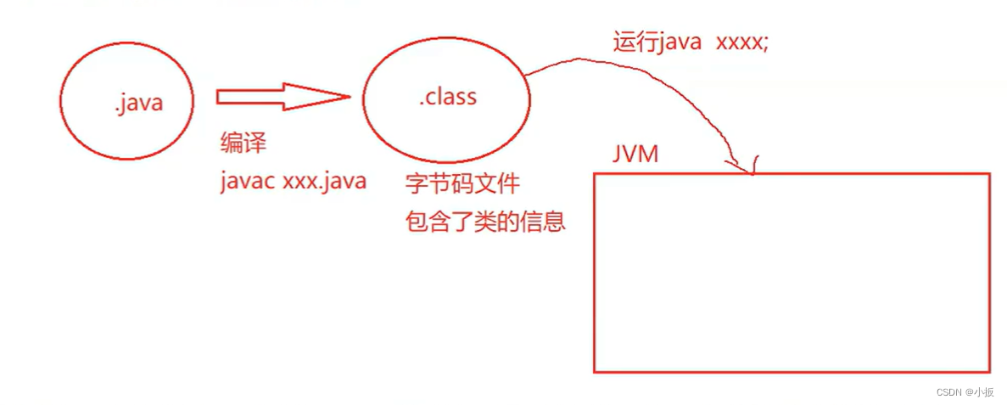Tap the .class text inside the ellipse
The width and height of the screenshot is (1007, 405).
pyautogui.click(x=448, y=97)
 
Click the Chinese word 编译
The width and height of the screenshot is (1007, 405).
pyautogui.click(x=243, y=143)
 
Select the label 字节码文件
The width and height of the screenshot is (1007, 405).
pyautogui.click(x=463, y=183)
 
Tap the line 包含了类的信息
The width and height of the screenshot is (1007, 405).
pyautogui.click(x=485, y=222)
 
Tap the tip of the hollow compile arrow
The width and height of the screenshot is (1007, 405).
pyautogui.click(x=348, y=97)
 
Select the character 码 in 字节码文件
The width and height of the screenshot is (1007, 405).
pyautogui.click(x=463, y=183)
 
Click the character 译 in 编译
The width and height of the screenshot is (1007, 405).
pyautogui.click(x=255, y=143)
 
